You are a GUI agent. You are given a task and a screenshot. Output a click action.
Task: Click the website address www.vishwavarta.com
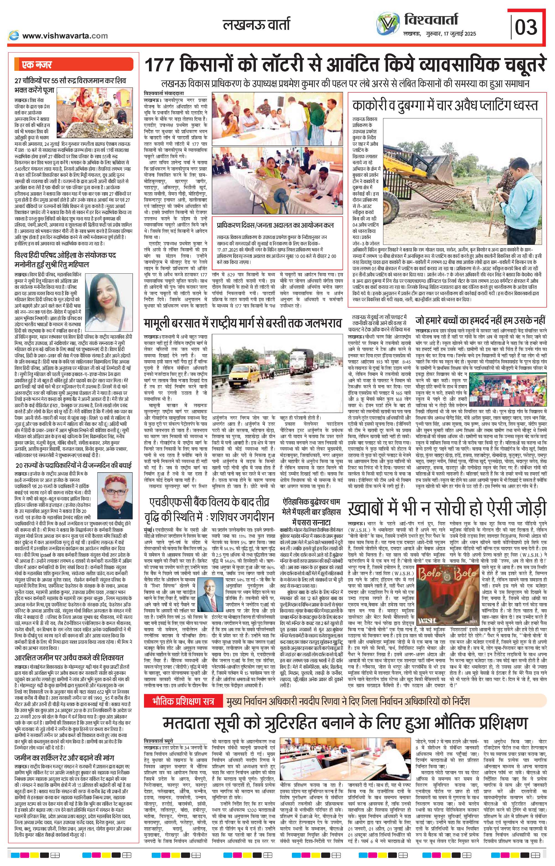click(64, 36)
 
